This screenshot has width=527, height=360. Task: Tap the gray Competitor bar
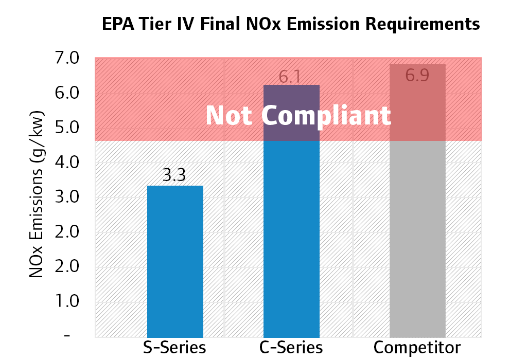click(417, 237)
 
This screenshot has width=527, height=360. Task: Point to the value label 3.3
click(174, 176)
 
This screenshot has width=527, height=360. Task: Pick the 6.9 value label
click(417, 75)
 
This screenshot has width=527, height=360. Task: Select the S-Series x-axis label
click(174, 347)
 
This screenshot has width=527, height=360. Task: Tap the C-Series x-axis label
click(291, 347)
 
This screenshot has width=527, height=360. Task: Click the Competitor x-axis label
click(417, 347)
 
